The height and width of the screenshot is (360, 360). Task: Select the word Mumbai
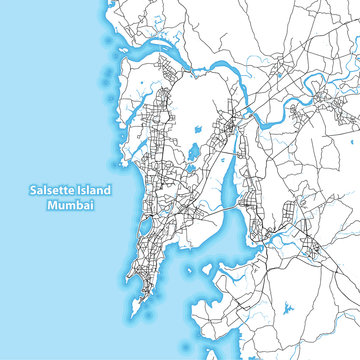coord(70,206)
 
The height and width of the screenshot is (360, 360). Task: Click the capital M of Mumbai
coord(51,206)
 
